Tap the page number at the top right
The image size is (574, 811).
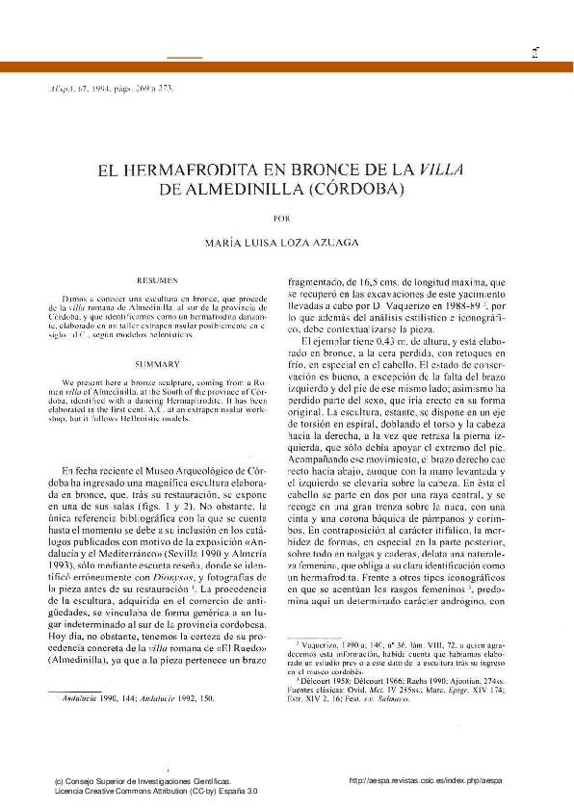(532, 55)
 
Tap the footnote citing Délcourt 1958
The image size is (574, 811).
(414, 676)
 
